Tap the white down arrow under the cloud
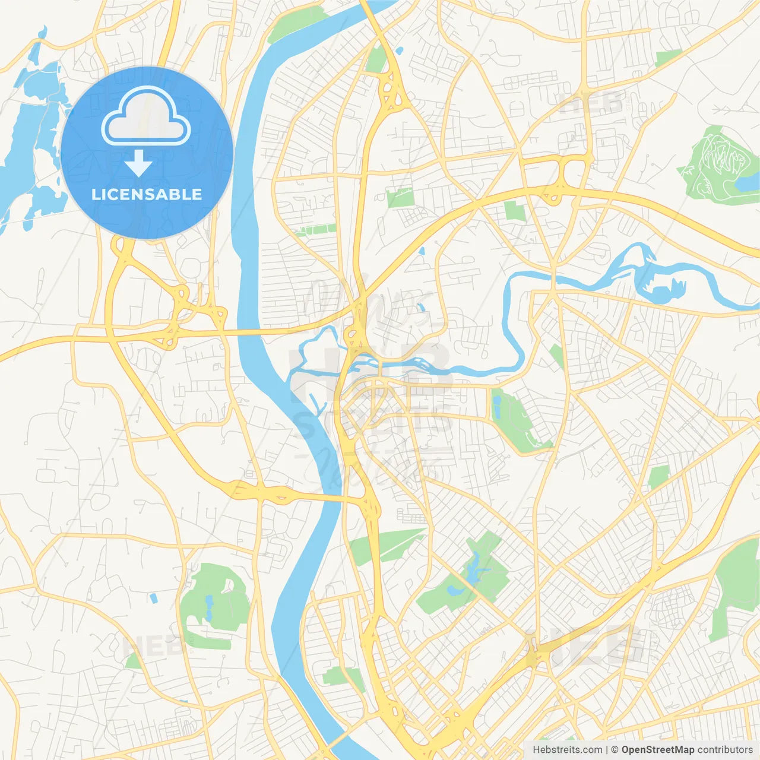coord(139,163)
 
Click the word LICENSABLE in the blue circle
coord(147,194)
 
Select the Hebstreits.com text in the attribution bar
coord(567,750)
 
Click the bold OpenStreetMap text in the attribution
coord(658,750)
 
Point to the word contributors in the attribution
coord(725,750)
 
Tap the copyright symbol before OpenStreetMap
coord(615,750)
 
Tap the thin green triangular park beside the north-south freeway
coord(386,545)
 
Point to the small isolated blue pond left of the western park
coord(154,598)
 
